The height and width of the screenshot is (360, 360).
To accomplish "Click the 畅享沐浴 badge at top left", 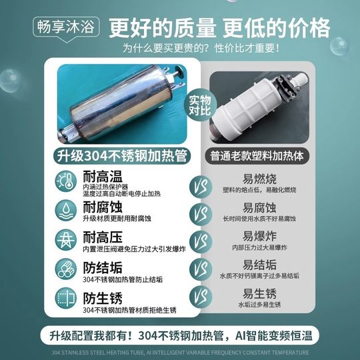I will click(x=67, y=27).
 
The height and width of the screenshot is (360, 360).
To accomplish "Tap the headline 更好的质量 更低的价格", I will click(x=219, y=27).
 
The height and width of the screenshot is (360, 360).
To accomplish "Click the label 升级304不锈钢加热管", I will click(x=121, y=156).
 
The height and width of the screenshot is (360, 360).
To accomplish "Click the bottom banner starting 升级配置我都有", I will click(x=180, y=334).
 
